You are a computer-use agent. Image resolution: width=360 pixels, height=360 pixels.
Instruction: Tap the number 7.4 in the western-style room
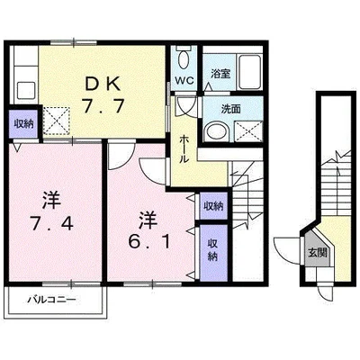click(52, 223)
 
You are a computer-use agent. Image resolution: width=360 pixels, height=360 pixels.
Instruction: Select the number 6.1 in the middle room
click(149, 241)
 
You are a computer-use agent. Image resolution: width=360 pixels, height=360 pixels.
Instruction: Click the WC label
click(185, 80)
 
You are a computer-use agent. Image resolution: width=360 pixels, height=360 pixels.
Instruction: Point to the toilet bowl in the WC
click(183, 59)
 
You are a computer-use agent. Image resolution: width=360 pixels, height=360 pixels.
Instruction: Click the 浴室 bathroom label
click(220, 74)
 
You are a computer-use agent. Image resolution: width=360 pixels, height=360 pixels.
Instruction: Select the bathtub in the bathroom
click(249, 72)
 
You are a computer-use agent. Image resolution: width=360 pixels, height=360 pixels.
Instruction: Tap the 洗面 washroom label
click(230, 109)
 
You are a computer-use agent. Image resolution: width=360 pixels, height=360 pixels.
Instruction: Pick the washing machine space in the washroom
click(247, 131)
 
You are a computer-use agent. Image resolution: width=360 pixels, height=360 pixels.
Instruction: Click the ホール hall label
click(184, 148)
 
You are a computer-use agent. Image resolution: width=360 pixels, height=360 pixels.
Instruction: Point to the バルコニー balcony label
click(52, 300)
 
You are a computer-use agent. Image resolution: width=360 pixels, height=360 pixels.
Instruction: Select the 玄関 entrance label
click(317, 254)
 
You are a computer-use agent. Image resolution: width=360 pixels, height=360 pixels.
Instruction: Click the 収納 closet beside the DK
click(23, 123)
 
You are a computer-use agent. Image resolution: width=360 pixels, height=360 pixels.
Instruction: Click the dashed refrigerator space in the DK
click(56, 121)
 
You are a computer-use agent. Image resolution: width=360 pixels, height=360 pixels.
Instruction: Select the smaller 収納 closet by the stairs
click(213, 206)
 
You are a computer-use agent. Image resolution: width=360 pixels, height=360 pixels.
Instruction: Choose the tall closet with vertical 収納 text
click(213, 253)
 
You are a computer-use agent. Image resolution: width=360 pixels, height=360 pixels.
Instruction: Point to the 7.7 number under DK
click(103, 106)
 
